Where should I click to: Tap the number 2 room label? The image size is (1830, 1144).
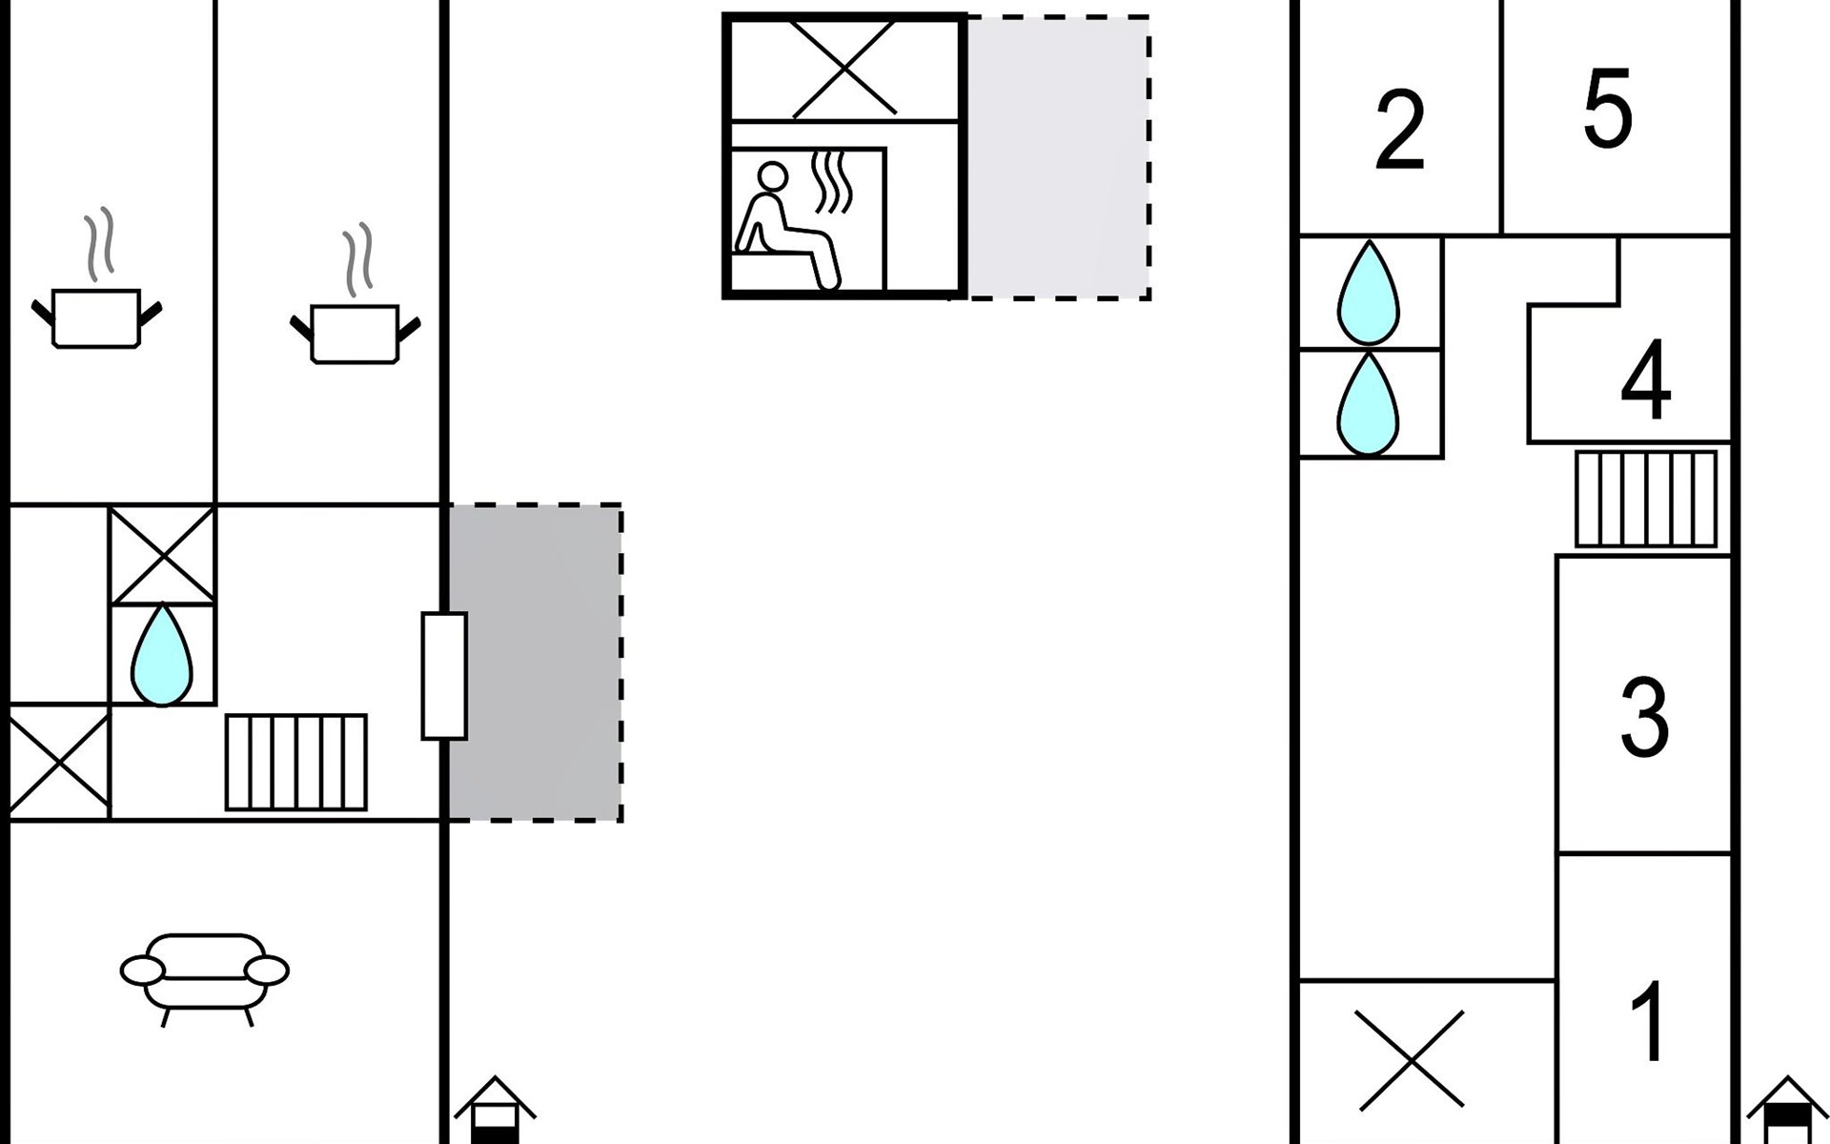1400,131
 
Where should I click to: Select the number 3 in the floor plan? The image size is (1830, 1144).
1644,717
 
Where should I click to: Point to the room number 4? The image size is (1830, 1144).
1645,380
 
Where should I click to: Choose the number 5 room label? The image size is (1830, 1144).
1608,108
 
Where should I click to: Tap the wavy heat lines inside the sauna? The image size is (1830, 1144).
831,181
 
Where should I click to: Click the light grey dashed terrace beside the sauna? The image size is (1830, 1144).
1058,157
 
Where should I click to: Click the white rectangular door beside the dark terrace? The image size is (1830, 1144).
444,675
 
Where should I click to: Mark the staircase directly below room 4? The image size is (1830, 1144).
1646,499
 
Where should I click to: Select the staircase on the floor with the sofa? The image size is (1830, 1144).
295,762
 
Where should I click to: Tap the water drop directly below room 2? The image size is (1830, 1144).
1368,294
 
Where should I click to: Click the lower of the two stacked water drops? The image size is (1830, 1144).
1368,404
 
